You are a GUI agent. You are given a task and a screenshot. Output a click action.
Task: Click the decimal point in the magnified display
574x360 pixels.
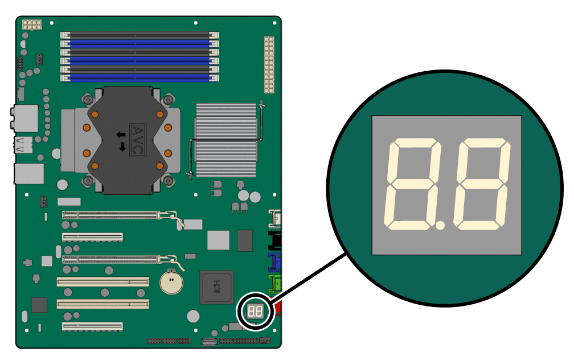coord(440,226)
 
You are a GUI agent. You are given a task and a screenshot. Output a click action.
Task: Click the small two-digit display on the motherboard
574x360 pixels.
coord(255,312)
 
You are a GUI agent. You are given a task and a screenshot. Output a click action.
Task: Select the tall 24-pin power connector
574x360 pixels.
coord(269,65)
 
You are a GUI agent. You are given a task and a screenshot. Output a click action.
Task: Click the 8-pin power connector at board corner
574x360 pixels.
coord(31,25)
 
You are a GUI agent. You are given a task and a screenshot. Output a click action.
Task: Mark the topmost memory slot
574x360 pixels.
coord(140,35)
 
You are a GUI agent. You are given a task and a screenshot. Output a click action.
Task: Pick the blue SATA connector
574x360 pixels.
coord(275,262)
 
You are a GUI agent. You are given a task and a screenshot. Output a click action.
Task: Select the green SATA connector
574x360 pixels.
coord(275,283)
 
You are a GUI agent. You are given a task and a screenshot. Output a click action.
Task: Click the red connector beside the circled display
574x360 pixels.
coord(278,309)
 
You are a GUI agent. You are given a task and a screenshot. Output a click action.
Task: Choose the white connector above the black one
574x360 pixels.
coord(276,218)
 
